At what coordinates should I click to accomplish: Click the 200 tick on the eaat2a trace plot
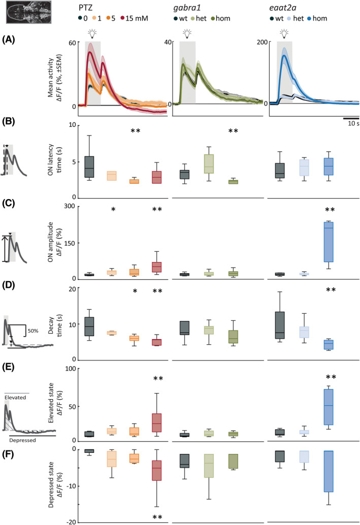click(x=264, y=42)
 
